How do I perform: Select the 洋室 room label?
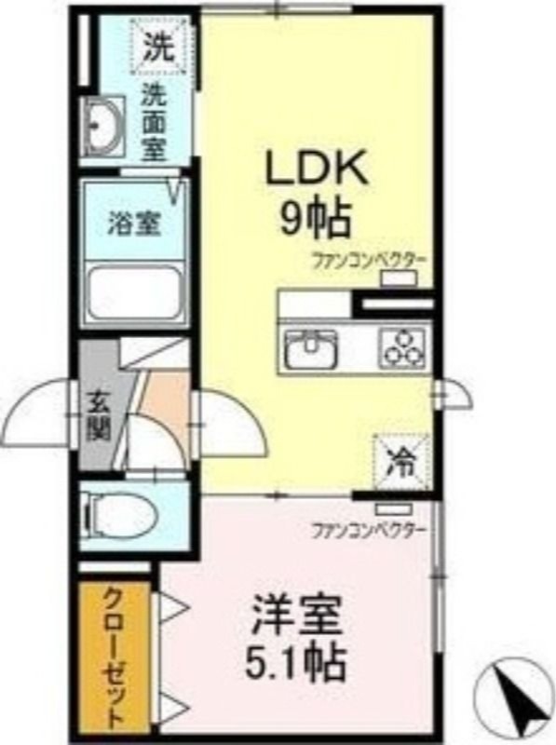pyautogui.click(x=297, y=616)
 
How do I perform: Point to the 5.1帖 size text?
pyautogui.click(x=296, y=663)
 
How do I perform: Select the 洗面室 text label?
pyautogui.click(x=153, y=122)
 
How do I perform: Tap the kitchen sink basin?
pyautogui.click(x=311, y=349)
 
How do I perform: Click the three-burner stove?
pyautogui.click(x=403, y=349)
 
